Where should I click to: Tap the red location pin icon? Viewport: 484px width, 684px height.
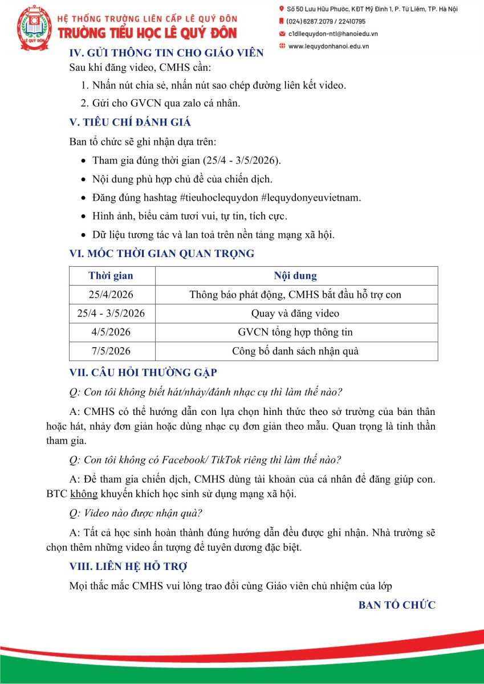click(282, 9)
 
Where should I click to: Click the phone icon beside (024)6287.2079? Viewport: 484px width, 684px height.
click(282, 21)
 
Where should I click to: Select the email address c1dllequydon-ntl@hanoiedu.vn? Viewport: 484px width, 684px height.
click(333, 34)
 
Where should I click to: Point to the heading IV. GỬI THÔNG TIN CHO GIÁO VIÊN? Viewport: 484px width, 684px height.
click(166, 53)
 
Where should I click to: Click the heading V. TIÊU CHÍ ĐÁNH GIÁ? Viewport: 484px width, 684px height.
click(129, 121)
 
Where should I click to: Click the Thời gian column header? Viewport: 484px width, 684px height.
click(111, 276)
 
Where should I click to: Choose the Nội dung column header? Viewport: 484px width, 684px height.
click(295, 276)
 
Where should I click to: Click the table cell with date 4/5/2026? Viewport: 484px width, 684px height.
click(111, 332)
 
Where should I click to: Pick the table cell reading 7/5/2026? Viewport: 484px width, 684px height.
click(111, 351)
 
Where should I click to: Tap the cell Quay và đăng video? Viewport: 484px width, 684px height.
click(295, 313)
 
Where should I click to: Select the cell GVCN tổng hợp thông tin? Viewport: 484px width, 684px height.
click(295, 332)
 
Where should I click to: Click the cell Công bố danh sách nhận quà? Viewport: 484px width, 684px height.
click(295, 351)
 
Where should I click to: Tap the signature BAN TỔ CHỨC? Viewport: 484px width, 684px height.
click(397, 605)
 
